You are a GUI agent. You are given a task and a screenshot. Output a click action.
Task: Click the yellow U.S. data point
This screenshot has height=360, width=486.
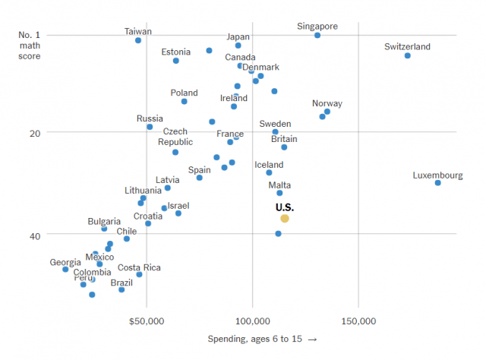coord(285,219)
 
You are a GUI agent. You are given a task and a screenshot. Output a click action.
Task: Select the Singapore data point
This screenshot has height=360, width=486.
coord(317,36)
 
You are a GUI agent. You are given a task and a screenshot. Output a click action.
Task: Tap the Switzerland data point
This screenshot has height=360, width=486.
coord(408,55)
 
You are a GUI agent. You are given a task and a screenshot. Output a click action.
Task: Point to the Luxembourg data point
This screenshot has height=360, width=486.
coord(438,183)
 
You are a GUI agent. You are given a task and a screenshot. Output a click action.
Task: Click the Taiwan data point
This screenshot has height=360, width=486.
coord(138,40)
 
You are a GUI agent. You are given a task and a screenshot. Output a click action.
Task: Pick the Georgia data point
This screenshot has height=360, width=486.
coord(65,270)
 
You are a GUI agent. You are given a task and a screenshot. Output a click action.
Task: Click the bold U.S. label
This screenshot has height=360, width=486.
coord(285,207)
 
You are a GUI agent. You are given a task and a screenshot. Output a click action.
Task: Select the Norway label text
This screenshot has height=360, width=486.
coord(327,104)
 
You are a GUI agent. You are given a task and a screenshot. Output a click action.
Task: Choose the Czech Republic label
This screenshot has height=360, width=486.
coord(175,137)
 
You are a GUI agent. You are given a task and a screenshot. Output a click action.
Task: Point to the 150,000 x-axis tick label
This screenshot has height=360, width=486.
coord(358,321)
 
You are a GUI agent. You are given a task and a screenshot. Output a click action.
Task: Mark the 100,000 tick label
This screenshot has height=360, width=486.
coord(252,321)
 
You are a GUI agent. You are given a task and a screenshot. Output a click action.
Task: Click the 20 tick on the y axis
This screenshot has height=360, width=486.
coord(34,133)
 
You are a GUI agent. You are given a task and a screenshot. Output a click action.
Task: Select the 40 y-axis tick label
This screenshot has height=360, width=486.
coord(34,235)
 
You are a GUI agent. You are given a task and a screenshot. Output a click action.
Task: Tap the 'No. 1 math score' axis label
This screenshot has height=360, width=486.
coord(30,40)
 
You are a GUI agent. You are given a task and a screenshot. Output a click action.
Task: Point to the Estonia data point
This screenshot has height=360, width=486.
coord(176,61)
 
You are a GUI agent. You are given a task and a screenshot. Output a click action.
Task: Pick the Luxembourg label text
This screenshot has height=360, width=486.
coord(437,175)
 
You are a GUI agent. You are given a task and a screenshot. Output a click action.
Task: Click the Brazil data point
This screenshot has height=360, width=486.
coord(121,290)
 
